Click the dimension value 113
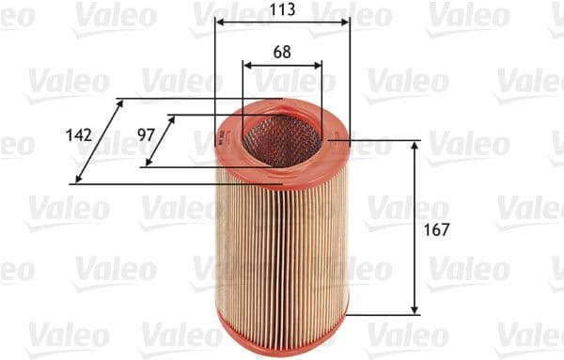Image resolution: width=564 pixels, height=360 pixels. [x=281, y=10]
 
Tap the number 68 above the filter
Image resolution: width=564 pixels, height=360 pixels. [x=282, y=53]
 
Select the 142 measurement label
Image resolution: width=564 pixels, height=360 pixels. [x=80, y=135]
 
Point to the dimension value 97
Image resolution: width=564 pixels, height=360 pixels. [x=146, y=135]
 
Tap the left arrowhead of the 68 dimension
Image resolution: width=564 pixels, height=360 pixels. [x=247, y=65]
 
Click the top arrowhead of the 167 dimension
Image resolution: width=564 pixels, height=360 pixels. [x=415, y=146]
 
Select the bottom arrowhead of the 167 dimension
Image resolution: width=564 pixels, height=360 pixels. [x=415, y=308]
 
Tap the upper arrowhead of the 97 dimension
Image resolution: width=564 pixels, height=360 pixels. [x=171, y=120]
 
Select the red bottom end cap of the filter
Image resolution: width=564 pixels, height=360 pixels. [x=282, y=324]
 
